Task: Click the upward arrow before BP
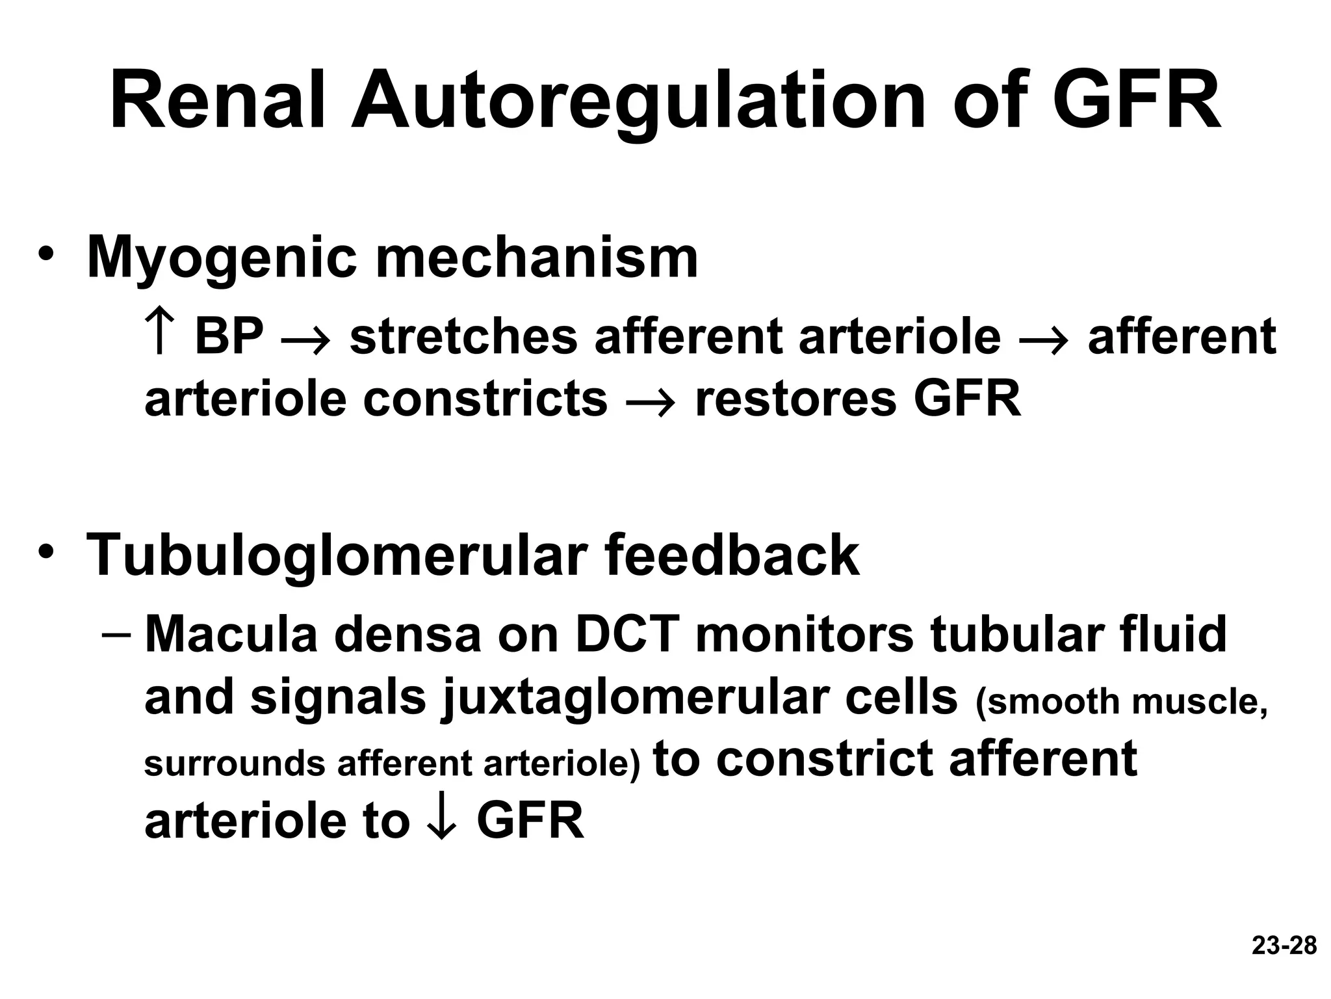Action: [159, 333]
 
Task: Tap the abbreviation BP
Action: [229, 336]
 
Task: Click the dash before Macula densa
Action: [118, 633]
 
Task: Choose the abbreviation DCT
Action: [627, 634]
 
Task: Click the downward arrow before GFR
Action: [442, 821]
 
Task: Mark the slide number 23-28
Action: [1284, 946]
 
